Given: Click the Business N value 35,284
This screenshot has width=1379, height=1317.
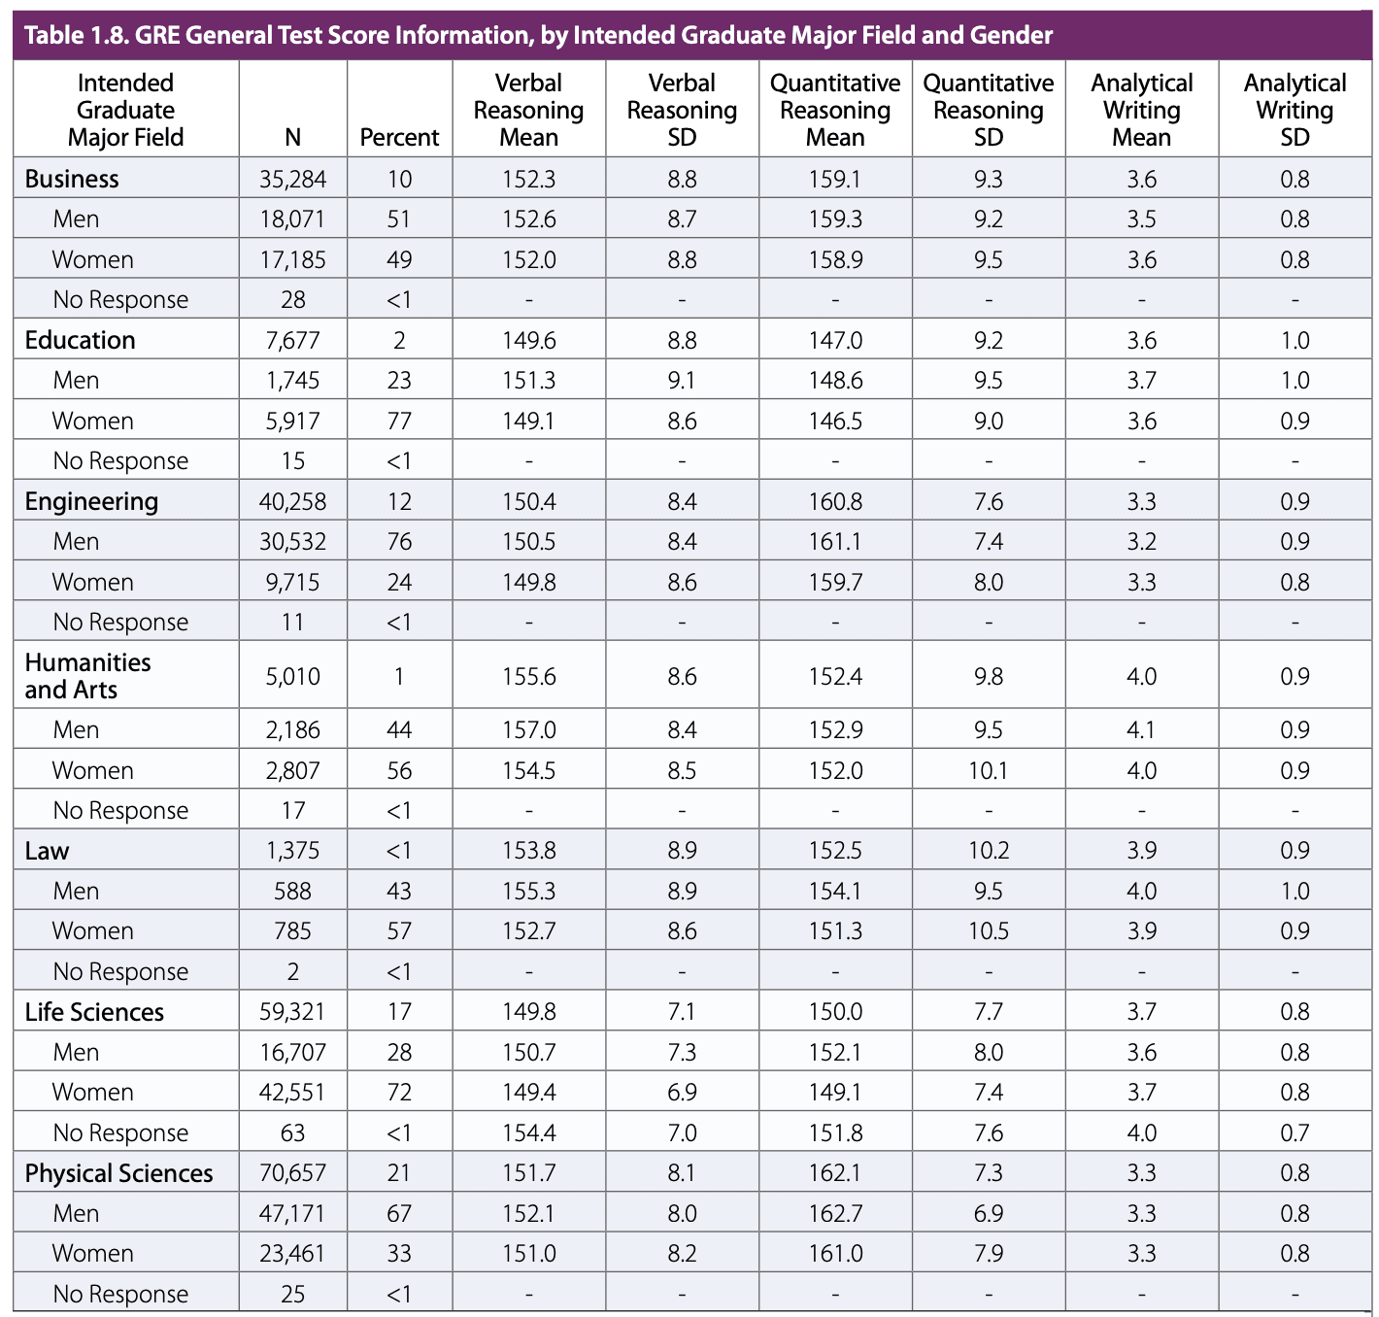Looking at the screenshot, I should [x=292, y=179].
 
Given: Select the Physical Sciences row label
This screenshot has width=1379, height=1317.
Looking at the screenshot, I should [x=118, y=1173].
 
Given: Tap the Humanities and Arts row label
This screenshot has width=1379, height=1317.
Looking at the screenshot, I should [x=87, y=676].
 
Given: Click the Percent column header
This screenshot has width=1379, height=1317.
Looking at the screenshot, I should [x=399, y=137].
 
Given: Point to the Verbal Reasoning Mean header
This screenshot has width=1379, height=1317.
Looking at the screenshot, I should [x=528, y=111].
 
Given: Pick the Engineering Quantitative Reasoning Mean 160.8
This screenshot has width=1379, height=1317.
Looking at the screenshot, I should [x=834, y=501].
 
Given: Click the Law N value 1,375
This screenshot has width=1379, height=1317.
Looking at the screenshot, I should [x=292, y=851].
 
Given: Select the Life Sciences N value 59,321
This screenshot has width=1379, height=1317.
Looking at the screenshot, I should [x=292, y=1012].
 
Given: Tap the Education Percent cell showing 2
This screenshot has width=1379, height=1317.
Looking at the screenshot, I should [x=399, y=340].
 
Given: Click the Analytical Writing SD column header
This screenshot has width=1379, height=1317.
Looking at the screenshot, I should [x=1295, y=111].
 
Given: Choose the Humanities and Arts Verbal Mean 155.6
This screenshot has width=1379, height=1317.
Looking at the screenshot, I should [x=528, y=676].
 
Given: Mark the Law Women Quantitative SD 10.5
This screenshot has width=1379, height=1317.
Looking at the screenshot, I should [x=988, y=931].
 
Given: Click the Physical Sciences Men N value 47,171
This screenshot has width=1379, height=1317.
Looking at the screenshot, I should [x=292, y=1213].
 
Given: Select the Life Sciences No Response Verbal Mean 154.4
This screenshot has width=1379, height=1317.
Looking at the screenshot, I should [x=528, y=1132].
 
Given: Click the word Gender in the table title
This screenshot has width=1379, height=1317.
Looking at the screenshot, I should [x=1011, y=36].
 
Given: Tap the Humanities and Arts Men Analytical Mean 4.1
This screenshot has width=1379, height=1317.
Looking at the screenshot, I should [x=1141, y=729].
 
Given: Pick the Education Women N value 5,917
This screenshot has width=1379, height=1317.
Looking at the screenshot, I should [x=292, y=421].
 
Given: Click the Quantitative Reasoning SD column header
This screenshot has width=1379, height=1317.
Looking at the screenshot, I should [x=988, y=111].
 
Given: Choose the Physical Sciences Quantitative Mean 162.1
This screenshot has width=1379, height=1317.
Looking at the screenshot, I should [x=834, y=1173].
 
